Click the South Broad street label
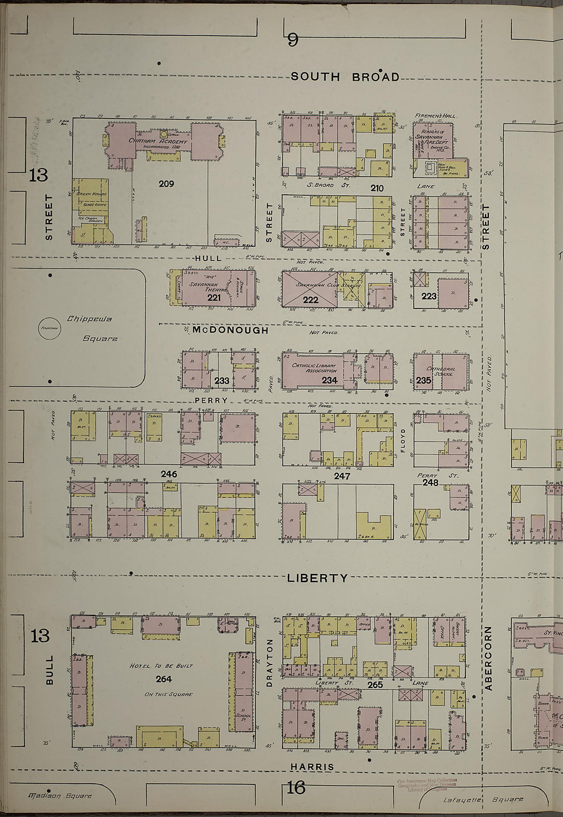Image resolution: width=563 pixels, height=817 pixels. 345,77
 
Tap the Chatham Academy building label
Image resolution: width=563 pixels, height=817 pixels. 158,141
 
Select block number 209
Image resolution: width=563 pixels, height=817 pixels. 166,184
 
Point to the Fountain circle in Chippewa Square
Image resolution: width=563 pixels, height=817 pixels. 50,329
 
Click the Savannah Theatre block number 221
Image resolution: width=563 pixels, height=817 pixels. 214,297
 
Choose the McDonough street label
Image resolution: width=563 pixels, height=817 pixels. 230,330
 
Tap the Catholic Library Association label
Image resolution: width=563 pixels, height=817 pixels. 314,368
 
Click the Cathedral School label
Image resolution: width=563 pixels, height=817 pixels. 441,371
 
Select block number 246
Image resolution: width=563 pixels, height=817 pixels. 169,474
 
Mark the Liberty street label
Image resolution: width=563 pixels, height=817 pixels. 317,578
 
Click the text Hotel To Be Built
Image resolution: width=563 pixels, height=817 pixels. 161,666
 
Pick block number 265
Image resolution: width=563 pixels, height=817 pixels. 375,684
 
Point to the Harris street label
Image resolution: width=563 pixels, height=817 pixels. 312,767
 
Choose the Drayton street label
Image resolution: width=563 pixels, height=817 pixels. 270,663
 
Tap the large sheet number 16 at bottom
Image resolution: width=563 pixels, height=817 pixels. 295,787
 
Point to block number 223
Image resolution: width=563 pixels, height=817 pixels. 429,296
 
